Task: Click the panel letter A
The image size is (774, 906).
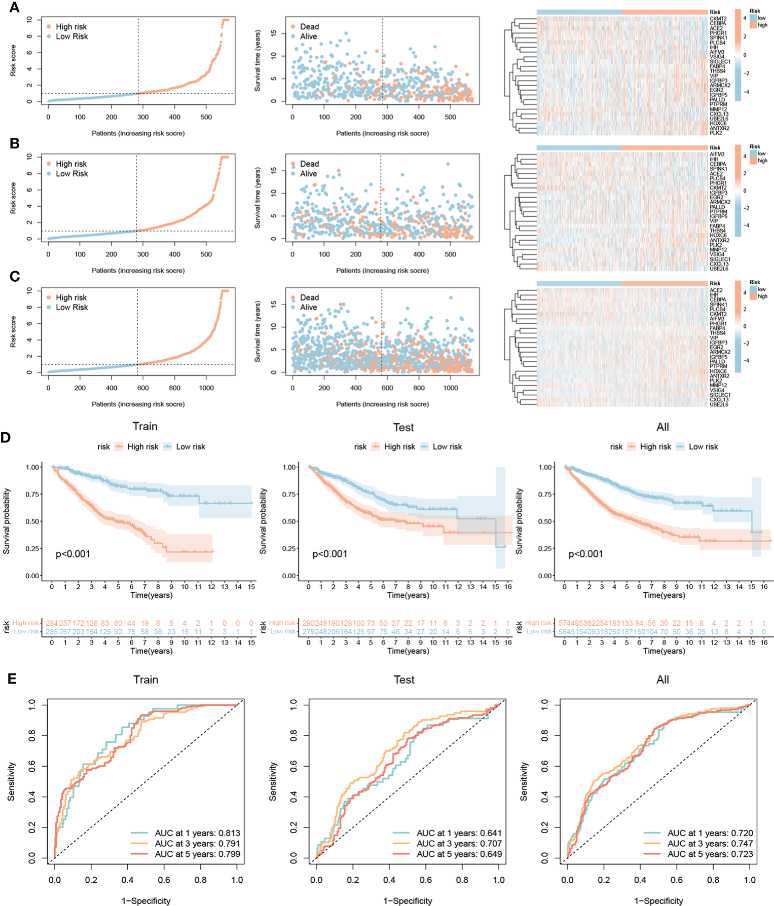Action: coord(15,8)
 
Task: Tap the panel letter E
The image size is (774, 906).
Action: coord(12,678)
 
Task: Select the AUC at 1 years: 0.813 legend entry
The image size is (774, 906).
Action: coord(197,833)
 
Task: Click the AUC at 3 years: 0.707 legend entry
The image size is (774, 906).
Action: coord(459,844)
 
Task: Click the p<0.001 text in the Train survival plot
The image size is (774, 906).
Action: coord(73,554)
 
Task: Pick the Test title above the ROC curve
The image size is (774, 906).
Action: coord(404,679)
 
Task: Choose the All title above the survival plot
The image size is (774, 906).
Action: coord(662,427)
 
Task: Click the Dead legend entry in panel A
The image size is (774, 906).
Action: coord(309,27)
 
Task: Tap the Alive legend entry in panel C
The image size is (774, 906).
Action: coord(308,307)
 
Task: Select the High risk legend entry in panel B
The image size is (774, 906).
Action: coord(71,164)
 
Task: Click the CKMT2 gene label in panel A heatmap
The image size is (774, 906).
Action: coord(718,19)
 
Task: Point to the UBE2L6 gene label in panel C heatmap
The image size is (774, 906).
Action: coord(719,405)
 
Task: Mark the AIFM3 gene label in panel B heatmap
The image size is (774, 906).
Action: coord(717,154)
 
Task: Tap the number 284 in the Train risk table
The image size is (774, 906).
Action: coord(52,623)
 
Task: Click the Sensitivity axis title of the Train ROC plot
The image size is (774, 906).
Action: coord(11,781)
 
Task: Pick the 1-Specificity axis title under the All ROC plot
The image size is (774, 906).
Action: coord(658,900)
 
